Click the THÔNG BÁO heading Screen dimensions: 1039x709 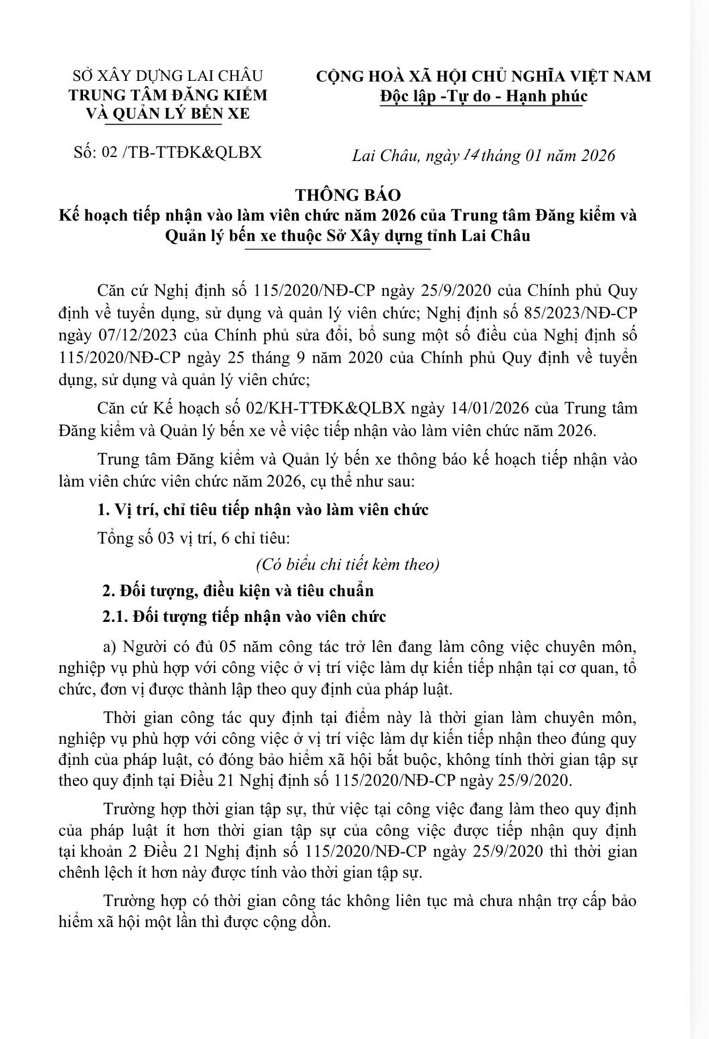348,195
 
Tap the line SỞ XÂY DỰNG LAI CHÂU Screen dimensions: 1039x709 168,76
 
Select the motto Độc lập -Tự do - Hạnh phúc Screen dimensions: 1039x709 483,96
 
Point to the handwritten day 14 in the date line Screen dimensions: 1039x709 470,154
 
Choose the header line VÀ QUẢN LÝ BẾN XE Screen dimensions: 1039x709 169,114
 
